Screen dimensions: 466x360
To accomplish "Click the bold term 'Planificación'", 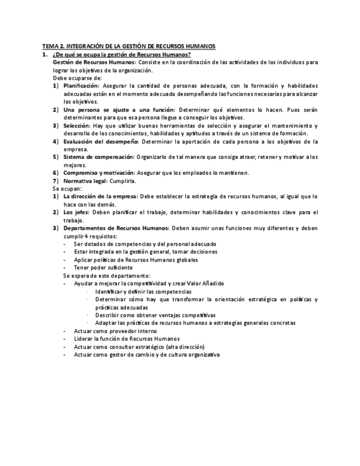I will tap(81, 86).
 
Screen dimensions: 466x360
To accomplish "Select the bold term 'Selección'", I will tap(76, 126).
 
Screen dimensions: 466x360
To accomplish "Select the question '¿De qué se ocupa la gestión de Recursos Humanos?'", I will tap(121, 54).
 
